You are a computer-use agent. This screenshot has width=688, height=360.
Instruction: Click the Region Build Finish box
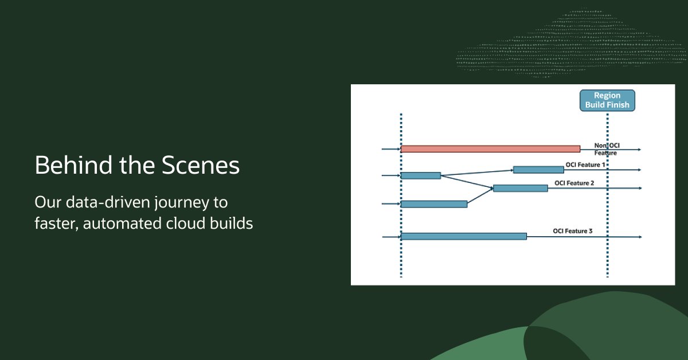point(607,100)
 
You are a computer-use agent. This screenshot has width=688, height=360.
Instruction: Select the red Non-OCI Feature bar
point(490,149)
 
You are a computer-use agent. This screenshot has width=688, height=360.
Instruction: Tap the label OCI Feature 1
point(585,165)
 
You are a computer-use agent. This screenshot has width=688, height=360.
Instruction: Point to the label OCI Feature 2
point(574,183)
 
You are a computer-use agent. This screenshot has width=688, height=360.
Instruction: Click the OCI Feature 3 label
point(573,231)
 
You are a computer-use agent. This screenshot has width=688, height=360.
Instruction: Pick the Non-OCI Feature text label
point(607,150)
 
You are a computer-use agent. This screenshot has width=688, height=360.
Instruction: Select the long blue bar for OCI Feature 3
point(464,236)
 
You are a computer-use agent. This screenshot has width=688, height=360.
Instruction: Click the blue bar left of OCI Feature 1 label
point(538,170)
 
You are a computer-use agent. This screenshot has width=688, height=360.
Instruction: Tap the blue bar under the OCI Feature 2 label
point(520,188)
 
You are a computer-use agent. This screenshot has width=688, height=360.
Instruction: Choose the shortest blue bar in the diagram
point(420,175)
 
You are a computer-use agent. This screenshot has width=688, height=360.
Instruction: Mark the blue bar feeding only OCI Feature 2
point(434,204)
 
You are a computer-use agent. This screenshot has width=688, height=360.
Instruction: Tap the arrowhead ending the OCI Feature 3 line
point(639,236)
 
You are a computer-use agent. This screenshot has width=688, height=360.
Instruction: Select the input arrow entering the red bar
point(391,149)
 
